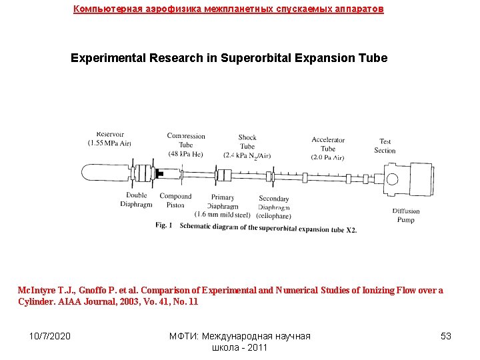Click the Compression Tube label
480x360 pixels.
pos(186,140)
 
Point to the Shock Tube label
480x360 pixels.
pos(247,142)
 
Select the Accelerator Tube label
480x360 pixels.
pos(328,144)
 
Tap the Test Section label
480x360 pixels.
pos(385,145)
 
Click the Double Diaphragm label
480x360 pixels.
pos(136,200)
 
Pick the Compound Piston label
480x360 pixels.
pos(175,200)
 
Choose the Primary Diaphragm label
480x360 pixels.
pos(222,202)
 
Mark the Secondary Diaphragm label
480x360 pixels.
pos(273,203)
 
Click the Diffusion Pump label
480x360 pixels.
pos(406,215)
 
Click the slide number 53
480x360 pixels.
pos(446,336)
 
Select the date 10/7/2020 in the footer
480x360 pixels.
pos(50,336)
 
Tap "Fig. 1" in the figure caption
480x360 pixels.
pos(164,225)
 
